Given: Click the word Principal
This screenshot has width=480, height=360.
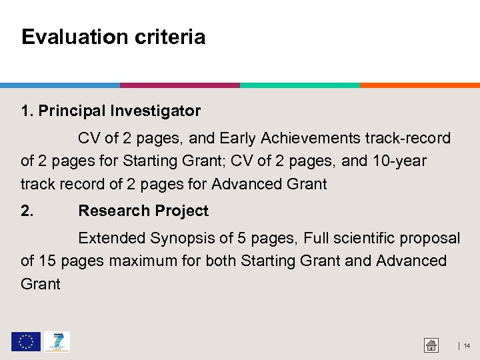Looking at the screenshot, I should click(x=72, y=111).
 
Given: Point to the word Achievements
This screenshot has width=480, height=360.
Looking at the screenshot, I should click(x=311, y=139).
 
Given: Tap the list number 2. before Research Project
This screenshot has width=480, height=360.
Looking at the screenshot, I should click(x=27, y=211).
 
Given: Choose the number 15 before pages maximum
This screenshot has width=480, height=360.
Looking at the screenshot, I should click(x=47, y=261).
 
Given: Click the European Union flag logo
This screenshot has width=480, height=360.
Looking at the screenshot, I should click(x=25, y=342).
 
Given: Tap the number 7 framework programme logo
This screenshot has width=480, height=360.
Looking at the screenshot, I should click(x=57, y=342).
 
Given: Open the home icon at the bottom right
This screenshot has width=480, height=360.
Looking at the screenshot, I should click(x=431, y=345).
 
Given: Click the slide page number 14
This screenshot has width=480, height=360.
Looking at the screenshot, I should click(x=467, y=346).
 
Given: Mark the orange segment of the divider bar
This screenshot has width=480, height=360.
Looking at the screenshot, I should click(x=420, y=85).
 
